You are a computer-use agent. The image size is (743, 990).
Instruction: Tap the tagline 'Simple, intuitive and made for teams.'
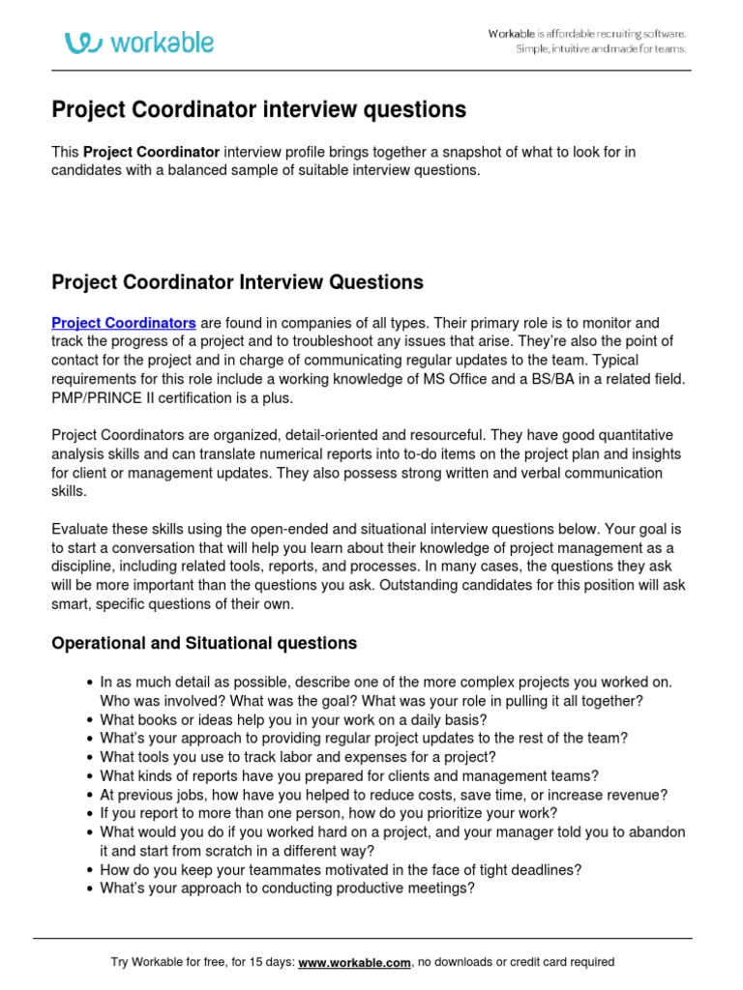(601, 49)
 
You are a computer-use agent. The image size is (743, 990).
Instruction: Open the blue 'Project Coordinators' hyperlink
(124, 323)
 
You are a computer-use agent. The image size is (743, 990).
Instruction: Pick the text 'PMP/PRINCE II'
(98, 396)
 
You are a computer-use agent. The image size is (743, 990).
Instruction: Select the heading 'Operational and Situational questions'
(203, 643)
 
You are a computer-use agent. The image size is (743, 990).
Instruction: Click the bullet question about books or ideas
(293, 719)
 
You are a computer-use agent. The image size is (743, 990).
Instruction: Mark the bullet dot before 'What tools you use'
(89, 757)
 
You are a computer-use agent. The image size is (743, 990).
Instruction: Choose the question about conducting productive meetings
(287, 888)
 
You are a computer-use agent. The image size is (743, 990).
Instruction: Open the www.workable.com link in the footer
(355, 962)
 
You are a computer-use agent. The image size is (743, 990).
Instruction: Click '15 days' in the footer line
(267, 962)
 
